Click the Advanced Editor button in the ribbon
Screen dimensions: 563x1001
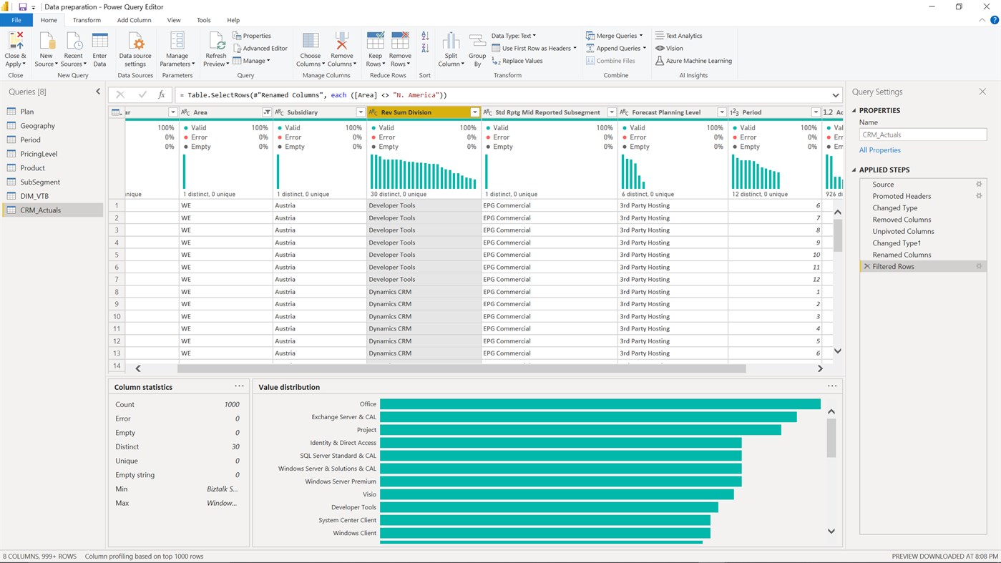coord(260,49)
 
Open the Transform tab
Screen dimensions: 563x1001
coord(87,20)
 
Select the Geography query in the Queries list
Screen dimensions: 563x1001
coord(37,126)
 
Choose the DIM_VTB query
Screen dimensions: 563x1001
coord(34,196)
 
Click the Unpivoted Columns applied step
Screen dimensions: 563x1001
coord(903,231)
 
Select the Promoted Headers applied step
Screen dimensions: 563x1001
coord(902,196)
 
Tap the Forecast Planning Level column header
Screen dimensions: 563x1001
coord(666,112)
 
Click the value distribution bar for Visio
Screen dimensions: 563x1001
coord(557,494)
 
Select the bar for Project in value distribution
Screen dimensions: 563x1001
coord(580,430)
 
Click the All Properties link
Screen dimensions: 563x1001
coord(879,150)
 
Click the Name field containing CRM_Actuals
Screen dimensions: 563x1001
coord(922,134)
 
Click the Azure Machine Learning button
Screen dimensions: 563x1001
coord(693,61)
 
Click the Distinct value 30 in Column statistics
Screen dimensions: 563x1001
coord(235,447)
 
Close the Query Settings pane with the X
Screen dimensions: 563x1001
coord(982,92)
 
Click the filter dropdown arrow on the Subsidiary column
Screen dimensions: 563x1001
coord(361,112)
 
